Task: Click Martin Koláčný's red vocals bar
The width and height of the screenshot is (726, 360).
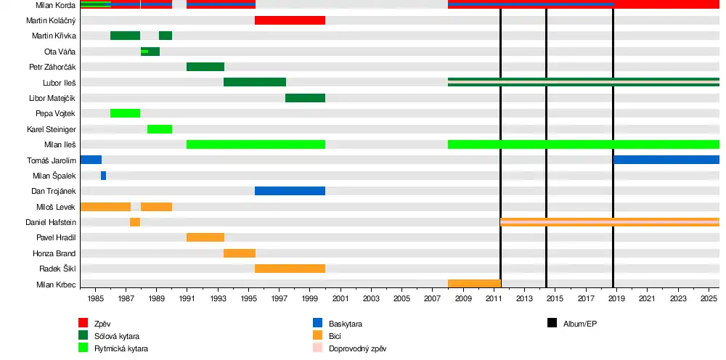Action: point(290,20)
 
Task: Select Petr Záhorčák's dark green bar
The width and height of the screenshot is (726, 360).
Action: point(205,67)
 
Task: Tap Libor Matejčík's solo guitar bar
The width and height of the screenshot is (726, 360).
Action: point(305,98)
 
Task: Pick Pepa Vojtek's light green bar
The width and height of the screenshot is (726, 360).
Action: point(125,113)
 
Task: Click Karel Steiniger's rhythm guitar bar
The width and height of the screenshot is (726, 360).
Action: point(160,129)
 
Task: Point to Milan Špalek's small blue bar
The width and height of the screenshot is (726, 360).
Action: point(103,176)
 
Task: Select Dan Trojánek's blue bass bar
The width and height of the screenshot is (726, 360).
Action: point(290,191)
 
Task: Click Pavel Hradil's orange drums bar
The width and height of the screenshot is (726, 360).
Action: point(205,237)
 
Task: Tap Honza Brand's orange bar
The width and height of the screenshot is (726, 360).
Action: point(240,253)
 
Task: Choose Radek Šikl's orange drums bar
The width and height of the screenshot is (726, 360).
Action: point(290,269)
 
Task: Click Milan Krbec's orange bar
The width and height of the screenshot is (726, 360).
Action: point(474,284)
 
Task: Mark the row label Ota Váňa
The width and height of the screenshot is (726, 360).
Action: point(60,52)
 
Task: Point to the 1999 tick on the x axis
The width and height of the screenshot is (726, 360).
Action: point(309,298)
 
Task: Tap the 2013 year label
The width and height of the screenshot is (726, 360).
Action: point(524,298)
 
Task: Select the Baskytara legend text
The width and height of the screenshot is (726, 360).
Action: point(346,324)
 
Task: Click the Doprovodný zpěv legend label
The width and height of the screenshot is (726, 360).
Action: point(357,348)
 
